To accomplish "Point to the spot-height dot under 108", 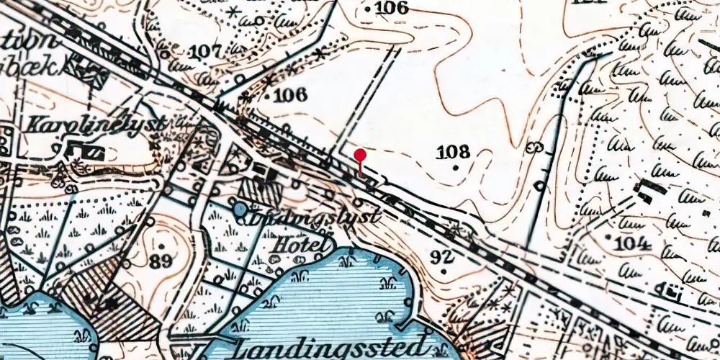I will pos(455,167).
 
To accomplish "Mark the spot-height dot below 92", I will pos(444,271).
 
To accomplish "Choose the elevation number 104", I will pos(634,243).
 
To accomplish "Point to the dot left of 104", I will pos(609,237).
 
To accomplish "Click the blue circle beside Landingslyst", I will pos(239,209).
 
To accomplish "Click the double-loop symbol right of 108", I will pos(535,148).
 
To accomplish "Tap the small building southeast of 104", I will pos(672,292).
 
